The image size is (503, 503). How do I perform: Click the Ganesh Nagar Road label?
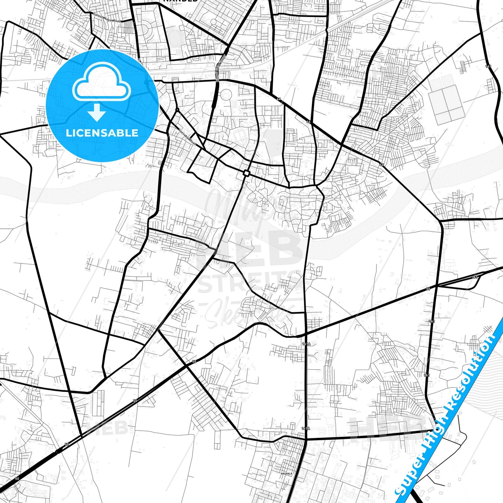click(107, 18)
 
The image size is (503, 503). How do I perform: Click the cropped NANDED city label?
click(180, 1)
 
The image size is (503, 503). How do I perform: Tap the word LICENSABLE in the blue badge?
click(102, 133)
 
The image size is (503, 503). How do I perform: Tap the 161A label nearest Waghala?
click(305, 429)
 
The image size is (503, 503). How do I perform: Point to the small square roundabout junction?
click(246, 173)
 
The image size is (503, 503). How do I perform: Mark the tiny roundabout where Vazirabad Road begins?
click(178, 110)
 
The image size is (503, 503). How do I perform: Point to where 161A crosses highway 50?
click(305, 335)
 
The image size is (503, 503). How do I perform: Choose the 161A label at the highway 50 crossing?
click(306, 344)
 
